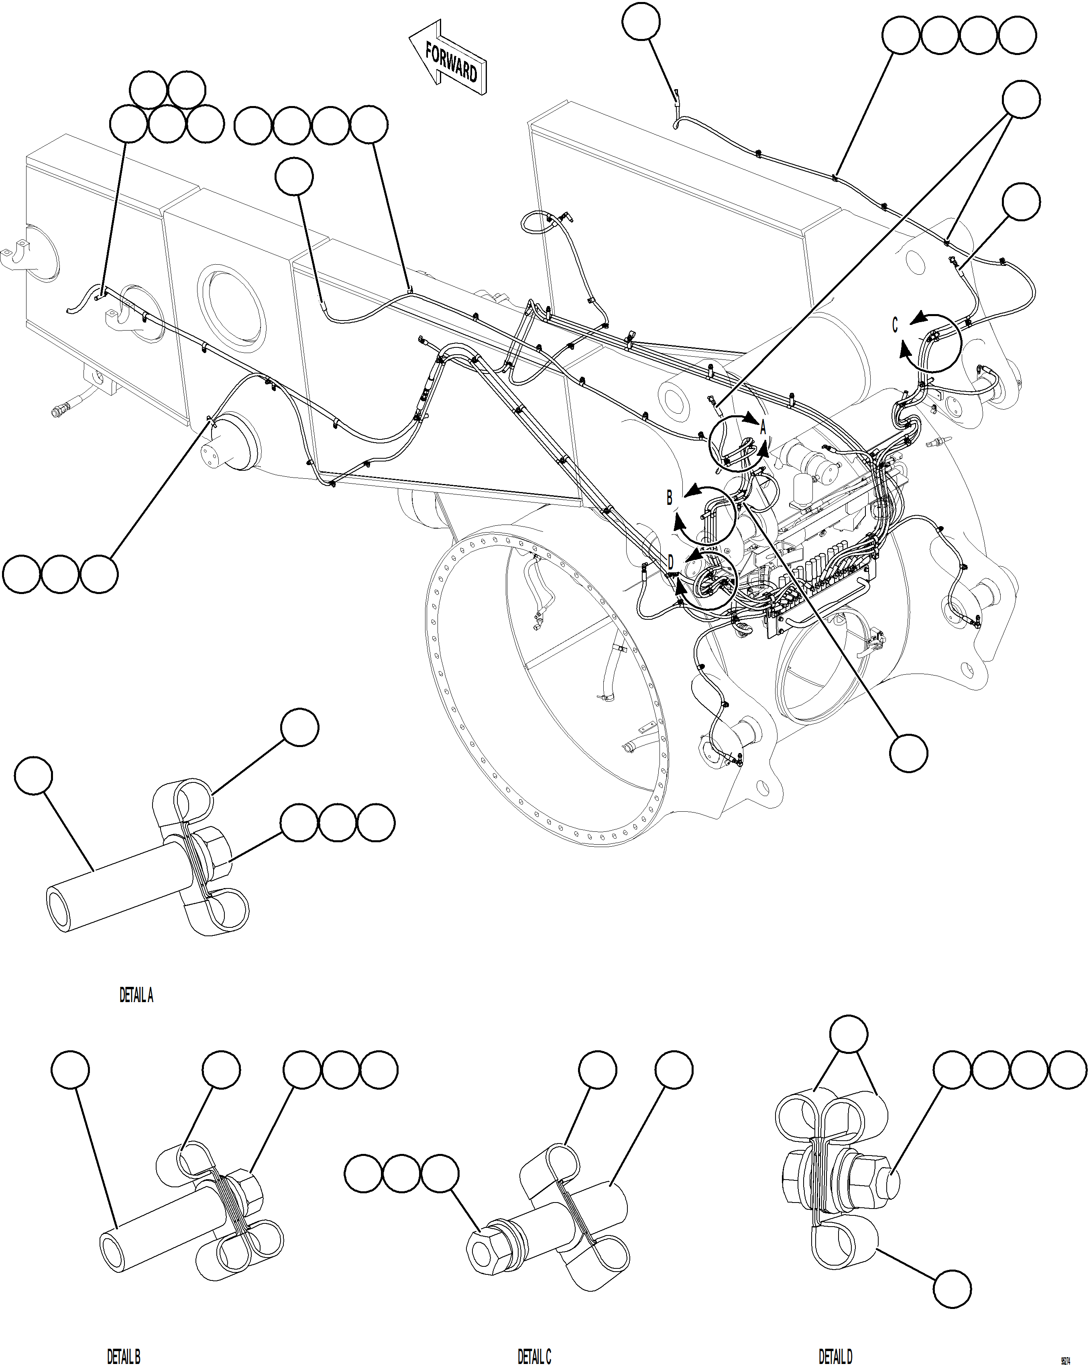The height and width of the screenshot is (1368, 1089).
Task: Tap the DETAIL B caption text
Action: click(x=123, y=1357)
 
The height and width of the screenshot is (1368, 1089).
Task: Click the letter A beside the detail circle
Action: click(x=763, y=427)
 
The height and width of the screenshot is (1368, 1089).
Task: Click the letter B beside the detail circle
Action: click(x=669, y=498)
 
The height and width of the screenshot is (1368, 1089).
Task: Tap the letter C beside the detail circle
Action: click(x=895, y=325)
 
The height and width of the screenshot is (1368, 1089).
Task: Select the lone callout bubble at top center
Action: click(x=641, y=22)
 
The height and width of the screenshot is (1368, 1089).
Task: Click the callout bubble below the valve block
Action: click(x=908, y=753)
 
